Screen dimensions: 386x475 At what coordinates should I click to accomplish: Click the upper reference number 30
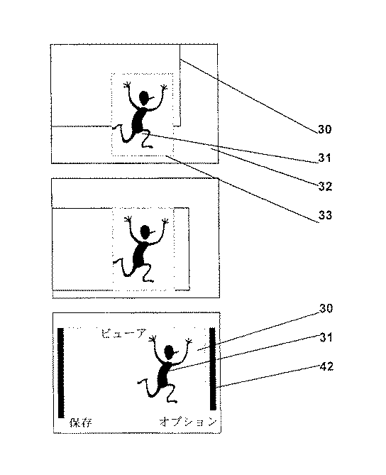tap(325, 129)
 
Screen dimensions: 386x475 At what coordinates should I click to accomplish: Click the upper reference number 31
tap(324, 158)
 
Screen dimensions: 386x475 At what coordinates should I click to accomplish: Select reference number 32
tap(326, 186)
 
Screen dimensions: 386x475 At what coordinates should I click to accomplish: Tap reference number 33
tap(326, 215)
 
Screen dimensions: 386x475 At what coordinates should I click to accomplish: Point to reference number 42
tap(326, 366)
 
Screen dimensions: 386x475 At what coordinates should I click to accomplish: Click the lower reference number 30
tap(326, 308)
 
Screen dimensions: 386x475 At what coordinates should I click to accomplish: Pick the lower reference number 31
tap(326, 337)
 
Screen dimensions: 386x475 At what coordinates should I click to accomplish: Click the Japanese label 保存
tap(80, 422)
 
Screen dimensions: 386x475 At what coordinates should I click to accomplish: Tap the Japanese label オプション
tap(188, 422)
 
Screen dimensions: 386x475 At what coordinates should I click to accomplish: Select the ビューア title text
tap(123, 333)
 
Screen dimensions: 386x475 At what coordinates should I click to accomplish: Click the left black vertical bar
tap(61, 373)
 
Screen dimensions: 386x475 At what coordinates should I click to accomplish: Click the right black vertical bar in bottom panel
tap(213, 368)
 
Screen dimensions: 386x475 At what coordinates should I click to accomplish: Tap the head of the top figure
tap(145, 98)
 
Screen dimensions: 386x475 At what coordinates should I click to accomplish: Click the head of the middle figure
tap(146, 232)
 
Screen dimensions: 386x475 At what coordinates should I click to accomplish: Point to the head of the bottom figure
tap(170, 352)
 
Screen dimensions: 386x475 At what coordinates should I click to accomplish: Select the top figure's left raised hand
tap(128, 84)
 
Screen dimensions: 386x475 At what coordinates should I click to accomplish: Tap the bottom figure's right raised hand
tap(189, 341)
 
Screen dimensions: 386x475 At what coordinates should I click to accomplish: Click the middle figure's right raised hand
tap(165, 221)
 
